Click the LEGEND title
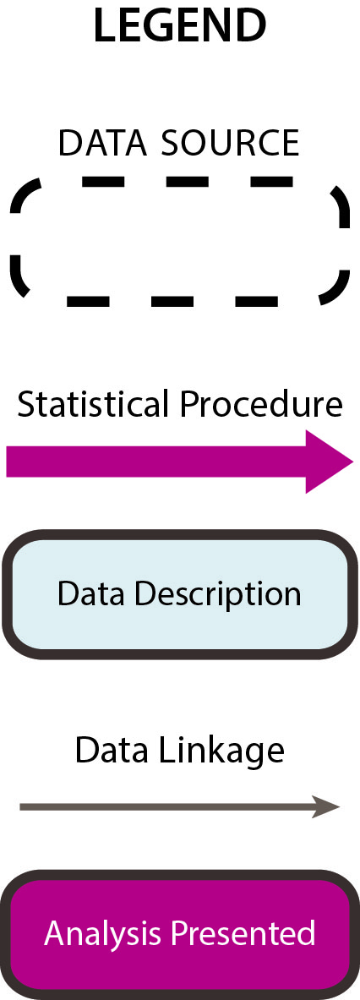tap(180, 26)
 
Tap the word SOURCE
tap(230, 143)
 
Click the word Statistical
tap(95, 404)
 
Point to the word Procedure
tap(261, 406)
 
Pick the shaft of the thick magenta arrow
tap(156, 462)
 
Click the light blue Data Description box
tap(180, 594)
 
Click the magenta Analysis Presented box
tap(180, 934)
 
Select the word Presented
tap(237, 933)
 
